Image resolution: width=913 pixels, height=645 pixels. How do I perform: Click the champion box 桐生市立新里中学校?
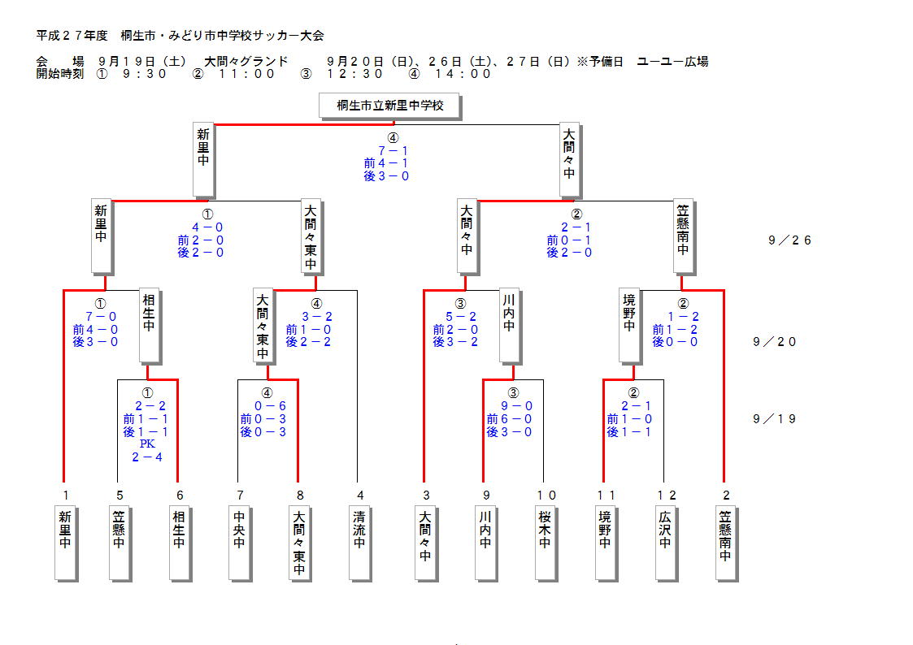coord(391,106)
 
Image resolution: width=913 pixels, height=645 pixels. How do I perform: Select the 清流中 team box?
coord(359,542)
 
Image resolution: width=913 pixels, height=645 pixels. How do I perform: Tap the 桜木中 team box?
coord(545,542)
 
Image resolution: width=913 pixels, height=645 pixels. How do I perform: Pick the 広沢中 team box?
coord(665,542)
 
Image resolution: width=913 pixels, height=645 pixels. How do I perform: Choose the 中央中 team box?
coord(239,542)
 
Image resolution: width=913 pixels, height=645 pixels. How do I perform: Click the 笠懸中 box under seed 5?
coord(120,542)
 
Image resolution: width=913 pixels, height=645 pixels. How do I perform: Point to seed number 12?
coord(666,495)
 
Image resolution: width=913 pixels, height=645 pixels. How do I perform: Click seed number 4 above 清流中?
coord(359,495)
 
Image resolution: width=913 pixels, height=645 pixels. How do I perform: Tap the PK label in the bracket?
coord(147,444)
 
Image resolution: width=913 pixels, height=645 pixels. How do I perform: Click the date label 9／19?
coord(775,419)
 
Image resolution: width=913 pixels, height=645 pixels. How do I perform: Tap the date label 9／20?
coord(775,342)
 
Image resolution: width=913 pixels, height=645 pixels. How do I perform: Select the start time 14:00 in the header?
coord(463,74)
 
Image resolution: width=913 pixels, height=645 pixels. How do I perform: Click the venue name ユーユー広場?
coord(672,62)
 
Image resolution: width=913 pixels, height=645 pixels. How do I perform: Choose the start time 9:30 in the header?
coord(145,74)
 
